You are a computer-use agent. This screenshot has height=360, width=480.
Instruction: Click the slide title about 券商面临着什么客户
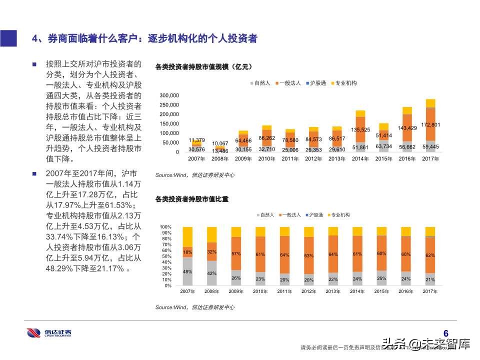[x=144, y=38]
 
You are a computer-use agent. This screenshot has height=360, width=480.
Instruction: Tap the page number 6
[x=446, y=333]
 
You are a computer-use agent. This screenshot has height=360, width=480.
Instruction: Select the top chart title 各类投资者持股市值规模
[x=202, y=66]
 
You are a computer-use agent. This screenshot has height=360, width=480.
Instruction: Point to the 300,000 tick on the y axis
[x=169, y=95]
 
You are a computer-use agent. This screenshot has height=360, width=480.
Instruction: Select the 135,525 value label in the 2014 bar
[x=360, y=130]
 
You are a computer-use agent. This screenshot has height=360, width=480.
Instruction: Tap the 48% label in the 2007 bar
[x=187, y=271]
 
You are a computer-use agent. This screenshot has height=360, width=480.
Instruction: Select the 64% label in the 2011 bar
[x=284, y=255]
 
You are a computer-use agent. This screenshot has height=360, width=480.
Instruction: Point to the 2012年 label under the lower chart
[x=308, y=291]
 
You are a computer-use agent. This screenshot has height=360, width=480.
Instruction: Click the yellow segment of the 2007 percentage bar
[x=187, y=236]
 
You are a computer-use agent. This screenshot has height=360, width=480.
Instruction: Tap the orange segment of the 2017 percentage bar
[x=430, y=255]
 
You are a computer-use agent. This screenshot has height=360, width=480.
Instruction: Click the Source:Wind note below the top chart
[x=194, y=175]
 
